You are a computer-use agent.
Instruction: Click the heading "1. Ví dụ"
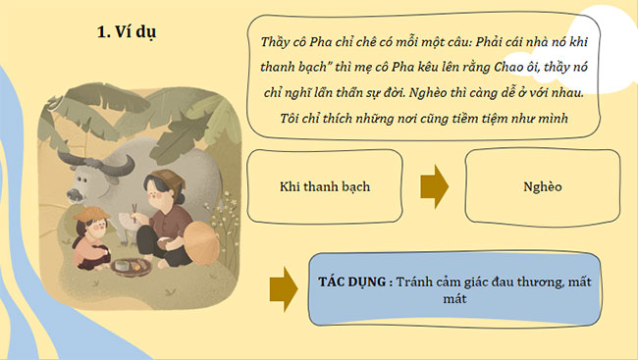[128, 32]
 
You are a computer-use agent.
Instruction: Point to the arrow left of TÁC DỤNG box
[283, 286]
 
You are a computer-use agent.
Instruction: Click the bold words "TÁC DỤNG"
[352, 281]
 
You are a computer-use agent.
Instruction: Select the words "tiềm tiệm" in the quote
[460, 119]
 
